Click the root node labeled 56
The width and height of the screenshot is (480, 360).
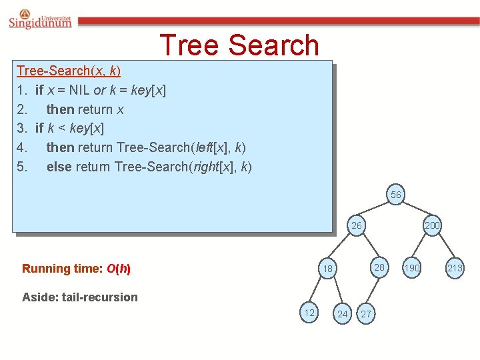(x=396, y=195)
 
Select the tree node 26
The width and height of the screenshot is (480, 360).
(x=357, y=225)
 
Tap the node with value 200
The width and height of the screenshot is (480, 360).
(x=432, y=225)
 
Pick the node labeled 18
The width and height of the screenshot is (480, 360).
(x=327, y=269)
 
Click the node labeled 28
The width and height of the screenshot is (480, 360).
(x=379, y=267)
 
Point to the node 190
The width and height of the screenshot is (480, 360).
(x=412, y=268)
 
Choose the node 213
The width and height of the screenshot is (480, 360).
(x=455, y=268)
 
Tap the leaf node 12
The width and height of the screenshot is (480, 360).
(x=309, y=313)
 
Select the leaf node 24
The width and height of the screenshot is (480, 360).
(x=342, y=314)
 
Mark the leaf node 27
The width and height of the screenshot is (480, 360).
(x=365, y=314)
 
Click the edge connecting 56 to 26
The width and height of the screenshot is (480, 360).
(x=377, y=210)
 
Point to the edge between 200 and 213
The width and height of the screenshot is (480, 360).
(x=443, y=247)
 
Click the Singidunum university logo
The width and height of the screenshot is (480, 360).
(x=40, y=19)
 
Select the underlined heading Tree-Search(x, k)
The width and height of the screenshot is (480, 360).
(x=69, y=71)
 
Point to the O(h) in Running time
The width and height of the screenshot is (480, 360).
(x=118, y=269)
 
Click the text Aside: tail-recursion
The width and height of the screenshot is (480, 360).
(x=80, y=297)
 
